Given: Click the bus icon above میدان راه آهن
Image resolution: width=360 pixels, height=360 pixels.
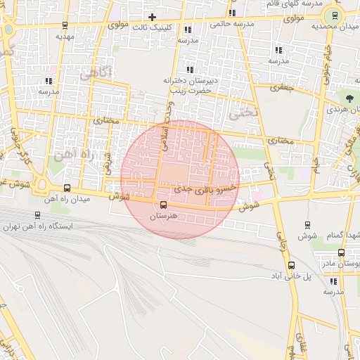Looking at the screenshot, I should pos(67,188).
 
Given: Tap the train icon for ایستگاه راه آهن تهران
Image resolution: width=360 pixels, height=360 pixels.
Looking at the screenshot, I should pos(37,215).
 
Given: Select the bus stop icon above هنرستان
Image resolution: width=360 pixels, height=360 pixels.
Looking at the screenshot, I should pos(164,205).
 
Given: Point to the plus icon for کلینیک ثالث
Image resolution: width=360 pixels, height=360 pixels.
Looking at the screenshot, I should pos(152,16).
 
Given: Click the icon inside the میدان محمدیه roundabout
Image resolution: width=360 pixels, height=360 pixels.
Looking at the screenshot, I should pos(335,15).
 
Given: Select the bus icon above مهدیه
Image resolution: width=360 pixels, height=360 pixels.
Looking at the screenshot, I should pos(65,25).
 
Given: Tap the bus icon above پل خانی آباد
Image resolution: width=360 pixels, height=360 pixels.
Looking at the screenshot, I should pos(292,266).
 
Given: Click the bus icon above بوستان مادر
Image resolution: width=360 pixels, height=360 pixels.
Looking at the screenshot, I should pos(341,252).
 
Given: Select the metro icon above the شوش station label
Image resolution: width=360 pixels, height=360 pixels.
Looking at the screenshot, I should pos(308,225).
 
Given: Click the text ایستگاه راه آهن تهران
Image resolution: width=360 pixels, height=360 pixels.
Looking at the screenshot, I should pos(39,226).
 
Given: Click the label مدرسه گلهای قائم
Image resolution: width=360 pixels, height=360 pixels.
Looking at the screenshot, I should pos(288,4).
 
